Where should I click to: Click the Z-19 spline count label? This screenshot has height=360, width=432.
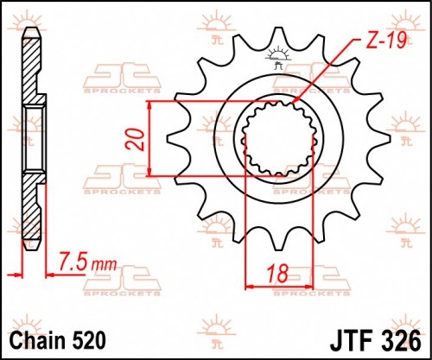click(x=386, y=41)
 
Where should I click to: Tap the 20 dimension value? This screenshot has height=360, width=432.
click(x=135, y=140)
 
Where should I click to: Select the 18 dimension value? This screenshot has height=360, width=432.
click(x=277, y=274)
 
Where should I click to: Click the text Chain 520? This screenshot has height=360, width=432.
click(x=58, y=340)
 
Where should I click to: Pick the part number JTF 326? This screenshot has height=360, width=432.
click(x=375, y=341)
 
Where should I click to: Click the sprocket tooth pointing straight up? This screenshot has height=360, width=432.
click(x=278, y=37)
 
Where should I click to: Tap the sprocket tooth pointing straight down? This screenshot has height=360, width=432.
click(x=278, y=240)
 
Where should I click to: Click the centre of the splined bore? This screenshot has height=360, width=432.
click(x=278, y=138)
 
